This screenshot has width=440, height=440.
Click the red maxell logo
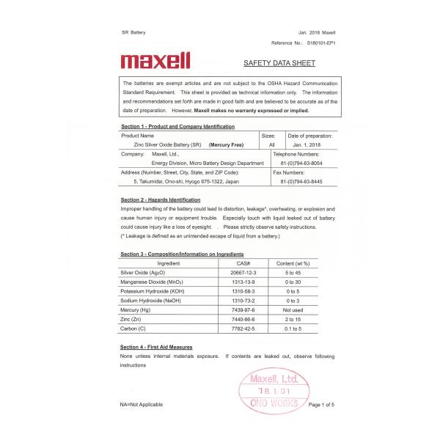155,60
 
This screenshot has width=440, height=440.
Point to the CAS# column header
243,263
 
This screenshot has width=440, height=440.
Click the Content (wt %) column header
293,263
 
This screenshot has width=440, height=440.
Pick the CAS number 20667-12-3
243,272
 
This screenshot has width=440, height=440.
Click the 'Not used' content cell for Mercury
293,310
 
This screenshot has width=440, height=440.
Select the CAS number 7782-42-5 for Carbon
243,329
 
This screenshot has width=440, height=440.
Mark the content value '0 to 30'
293,282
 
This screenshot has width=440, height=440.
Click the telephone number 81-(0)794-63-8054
301,163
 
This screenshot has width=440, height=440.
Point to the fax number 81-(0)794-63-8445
301,180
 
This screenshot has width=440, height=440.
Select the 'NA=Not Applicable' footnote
142,404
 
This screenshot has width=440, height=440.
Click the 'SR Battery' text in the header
133,33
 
